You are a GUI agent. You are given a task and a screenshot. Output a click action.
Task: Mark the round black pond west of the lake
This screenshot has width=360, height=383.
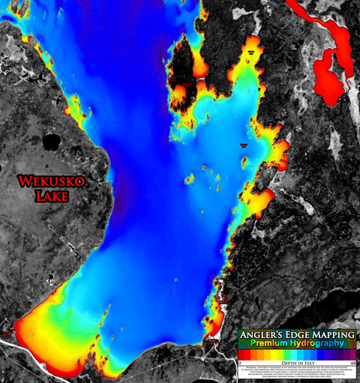click(52, 141)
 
